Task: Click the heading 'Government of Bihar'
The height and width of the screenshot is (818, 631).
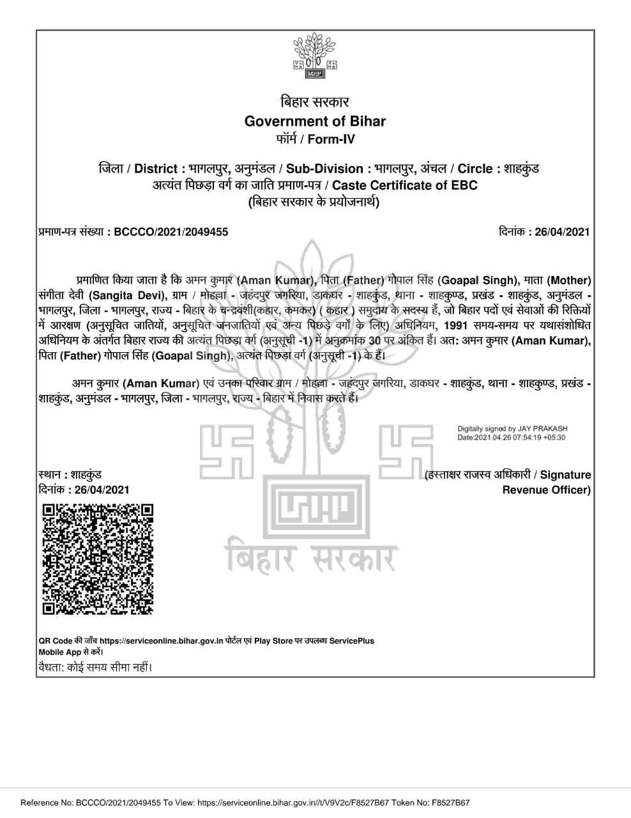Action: [x=315, y=121]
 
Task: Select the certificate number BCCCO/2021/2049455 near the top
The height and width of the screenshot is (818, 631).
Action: [x=171, y=232]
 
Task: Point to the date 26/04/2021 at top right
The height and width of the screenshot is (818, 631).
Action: [x=562, y=232]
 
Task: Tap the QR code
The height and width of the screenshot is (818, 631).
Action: [x=98, y=559]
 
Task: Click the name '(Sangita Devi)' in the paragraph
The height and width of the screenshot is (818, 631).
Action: [x=128, y=295]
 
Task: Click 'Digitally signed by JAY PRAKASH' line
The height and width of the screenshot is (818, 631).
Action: [x=512, y=429]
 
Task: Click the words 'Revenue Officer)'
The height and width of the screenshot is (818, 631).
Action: [x=546, y=490]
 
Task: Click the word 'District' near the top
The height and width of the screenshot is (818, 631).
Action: [x=156, y=169]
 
